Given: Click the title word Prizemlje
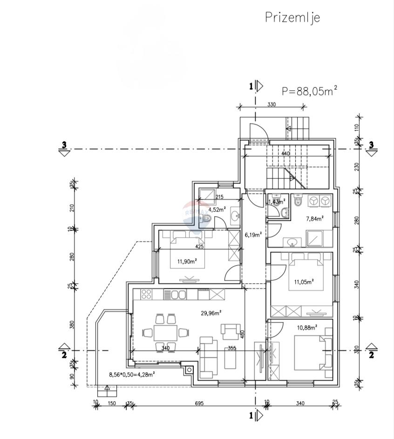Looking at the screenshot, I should (x=292, y=17).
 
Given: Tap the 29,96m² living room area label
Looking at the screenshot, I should (x=211, y=313).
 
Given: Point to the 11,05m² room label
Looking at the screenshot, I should (x=304, y=281).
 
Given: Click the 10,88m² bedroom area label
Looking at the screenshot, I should (x=307, y=327).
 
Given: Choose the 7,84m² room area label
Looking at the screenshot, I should (x=315, y=217).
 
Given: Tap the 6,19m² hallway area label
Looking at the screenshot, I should (x=253, y=234).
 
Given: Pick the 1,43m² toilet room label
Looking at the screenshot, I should (x=276, y=201).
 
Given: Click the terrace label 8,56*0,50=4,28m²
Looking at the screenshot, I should (x=132, y=374).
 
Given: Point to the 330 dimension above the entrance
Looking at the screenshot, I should (x=272, y=104).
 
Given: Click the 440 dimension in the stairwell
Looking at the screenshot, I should (x=285, y=153).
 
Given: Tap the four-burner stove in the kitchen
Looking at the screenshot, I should (x=146, y=295).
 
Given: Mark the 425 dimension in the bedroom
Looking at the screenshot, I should (x=199, y=247).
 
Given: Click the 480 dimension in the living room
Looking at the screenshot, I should (x=242, y=334).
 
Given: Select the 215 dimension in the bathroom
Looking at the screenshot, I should (x=220, y=197).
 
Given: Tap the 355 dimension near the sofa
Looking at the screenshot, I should (x=232, y=348).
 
